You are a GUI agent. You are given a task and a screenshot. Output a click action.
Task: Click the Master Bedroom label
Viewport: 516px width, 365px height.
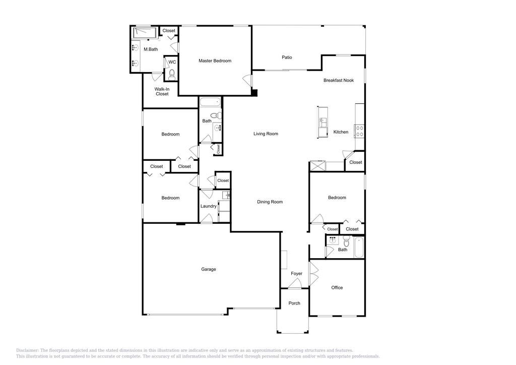215,61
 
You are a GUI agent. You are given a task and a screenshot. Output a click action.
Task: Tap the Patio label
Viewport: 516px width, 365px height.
287,57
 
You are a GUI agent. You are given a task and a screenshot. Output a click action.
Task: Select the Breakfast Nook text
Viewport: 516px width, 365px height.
339,80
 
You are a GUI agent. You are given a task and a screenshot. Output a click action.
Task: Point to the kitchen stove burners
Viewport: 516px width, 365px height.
360,131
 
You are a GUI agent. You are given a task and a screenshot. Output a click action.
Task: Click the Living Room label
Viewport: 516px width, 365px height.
266,134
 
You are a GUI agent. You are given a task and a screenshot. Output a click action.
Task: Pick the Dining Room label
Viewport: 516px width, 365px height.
270,202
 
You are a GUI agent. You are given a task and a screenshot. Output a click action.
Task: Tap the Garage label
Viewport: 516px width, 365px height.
209,269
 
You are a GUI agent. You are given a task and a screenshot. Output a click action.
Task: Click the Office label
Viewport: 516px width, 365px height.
337,288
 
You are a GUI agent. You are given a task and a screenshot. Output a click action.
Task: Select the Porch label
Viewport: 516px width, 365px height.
294,303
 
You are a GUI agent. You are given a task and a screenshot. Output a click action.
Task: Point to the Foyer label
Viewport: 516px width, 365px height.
297,274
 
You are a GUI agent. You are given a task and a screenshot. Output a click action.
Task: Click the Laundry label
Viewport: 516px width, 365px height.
209,206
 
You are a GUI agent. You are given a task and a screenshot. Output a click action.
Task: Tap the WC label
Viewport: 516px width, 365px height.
172,62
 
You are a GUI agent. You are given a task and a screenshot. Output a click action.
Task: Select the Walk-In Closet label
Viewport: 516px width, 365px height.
162,91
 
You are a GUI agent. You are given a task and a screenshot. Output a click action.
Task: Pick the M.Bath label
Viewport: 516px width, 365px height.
151,49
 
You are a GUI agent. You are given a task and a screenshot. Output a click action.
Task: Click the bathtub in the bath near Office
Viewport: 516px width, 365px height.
359,247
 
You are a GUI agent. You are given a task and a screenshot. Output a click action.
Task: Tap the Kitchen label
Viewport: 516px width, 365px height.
341,132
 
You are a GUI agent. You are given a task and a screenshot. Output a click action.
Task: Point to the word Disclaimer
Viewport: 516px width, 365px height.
27,350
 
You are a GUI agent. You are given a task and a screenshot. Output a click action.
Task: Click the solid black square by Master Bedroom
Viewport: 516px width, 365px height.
254,93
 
